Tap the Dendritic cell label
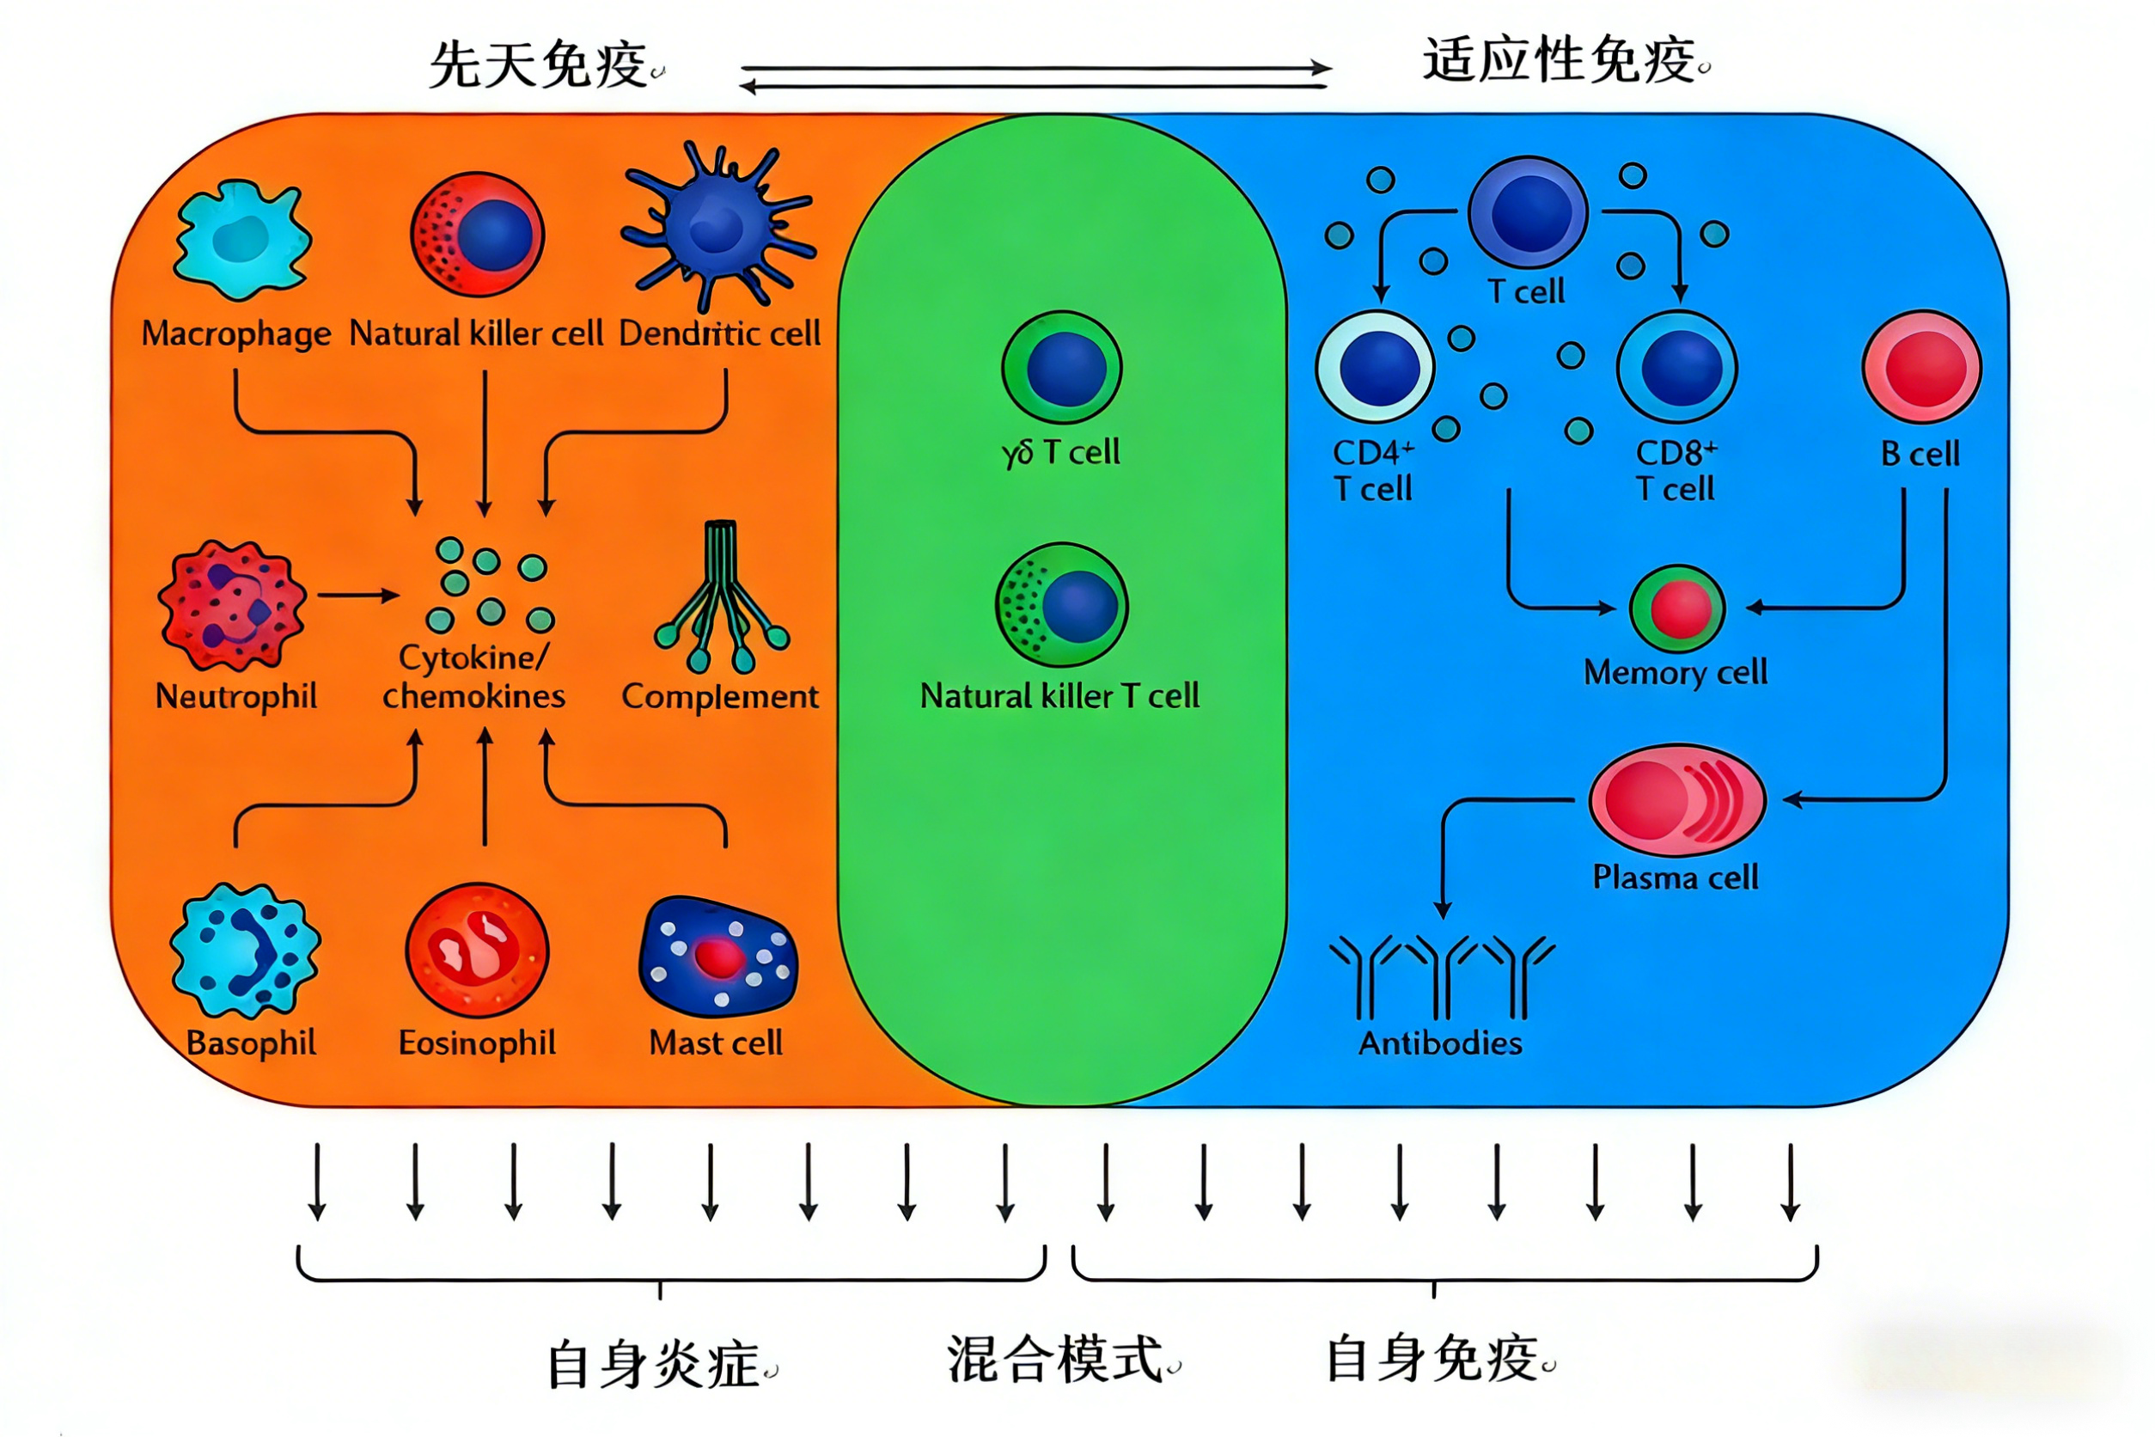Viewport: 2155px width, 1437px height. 719,333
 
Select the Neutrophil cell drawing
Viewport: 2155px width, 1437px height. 232,605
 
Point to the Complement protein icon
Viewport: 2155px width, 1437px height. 722,596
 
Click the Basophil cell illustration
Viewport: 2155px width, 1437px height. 245,951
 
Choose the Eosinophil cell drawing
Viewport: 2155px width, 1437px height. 476,951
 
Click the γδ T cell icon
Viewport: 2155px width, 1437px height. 1062,367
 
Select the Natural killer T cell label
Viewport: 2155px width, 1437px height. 1059,695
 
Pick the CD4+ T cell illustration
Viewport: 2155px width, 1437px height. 1376,367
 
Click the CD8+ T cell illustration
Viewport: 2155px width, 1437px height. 1676,367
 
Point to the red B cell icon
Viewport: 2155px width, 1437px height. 1921,367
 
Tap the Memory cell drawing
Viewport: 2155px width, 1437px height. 1676,608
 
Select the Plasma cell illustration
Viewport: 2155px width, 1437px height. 1676,800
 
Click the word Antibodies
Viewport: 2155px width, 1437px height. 1439,1043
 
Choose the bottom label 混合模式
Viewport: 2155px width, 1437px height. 1055,1358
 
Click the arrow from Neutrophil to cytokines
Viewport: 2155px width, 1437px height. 358,596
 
